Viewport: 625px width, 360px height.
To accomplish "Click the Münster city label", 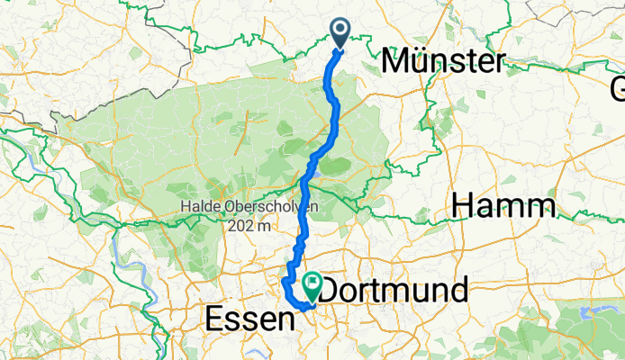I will point(443,62).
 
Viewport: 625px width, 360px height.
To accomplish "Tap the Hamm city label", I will point(503,206).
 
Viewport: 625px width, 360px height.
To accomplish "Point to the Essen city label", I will point(250,319).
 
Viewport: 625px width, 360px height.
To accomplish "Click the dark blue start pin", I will point(341,32).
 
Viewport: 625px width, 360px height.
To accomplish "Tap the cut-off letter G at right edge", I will point(618,90).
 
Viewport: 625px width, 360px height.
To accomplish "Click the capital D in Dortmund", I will point(332,291).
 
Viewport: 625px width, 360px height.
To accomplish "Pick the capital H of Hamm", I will point(464,206).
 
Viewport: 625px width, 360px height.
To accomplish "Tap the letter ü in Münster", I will point(421,62).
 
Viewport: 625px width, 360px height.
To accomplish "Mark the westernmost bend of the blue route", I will point(285,283).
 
